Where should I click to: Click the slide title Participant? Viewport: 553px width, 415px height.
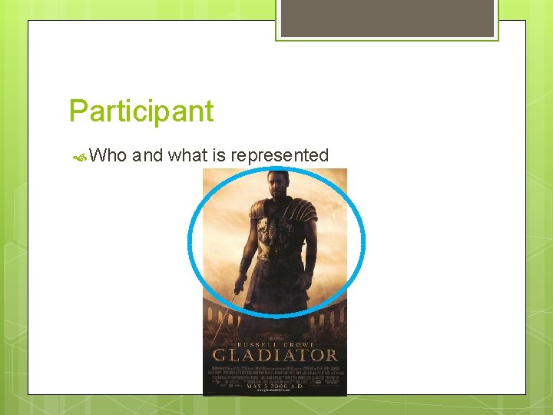click(141, 111)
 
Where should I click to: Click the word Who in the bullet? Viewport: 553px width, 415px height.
click(108, 155)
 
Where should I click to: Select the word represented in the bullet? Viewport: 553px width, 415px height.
click(280, 155)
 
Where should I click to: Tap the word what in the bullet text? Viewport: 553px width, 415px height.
click(187, 155)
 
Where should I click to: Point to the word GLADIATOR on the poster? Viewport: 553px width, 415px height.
click(275, 354)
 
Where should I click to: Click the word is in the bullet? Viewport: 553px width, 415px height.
click(219, 155)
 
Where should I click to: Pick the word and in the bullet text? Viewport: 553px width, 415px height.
click(147, 155)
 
